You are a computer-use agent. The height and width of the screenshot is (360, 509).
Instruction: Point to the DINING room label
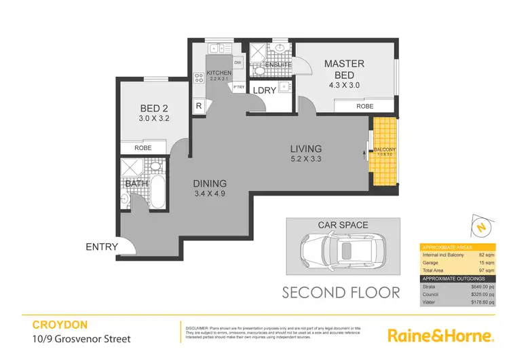click(209, 183)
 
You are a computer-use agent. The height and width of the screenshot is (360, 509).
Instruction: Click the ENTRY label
click(102, 247)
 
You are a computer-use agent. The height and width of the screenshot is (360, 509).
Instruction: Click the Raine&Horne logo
click(439, 336)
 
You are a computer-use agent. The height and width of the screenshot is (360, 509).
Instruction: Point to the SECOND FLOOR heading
click(341, 293)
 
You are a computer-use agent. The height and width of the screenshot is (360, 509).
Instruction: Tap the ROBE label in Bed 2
click(143, 147)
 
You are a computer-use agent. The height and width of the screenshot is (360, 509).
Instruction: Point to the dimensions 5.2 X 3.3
click(306, 160)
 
